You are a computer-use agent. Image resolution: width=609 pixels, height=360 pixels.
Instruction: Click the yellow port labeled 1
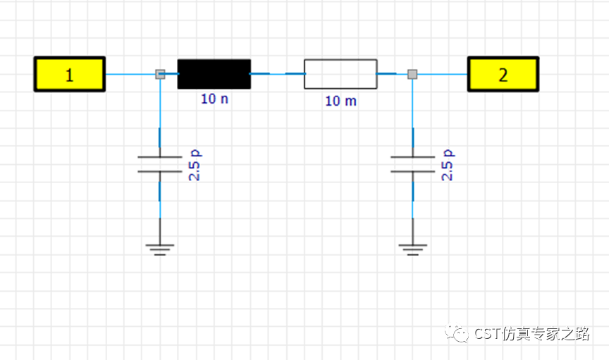(70, 74)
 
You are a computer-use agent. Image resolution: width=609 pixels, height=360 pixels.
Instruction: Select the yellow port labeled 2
(503, 74)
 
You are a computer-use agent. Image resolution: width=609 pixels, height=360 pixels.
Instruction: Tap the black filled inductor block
(214, 74)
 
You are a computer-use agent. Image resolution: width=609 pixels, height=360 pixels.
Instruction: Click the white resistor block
(340, 74)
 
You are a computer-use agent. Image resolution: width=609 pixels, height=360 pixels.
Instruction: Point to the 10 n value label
(214, 99)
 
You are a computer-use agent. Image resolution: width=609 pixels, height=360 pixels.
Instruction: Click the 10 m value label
(340, 101)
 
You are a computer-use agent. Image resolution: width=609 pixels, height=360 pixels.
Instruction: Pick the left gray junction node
(160, 74)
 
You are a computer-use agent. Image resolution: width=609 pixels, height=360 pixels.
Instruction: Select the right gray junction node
(412, 74)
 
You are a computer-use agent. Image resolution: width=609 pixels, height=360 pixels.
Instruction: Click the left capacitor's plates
(160, 164)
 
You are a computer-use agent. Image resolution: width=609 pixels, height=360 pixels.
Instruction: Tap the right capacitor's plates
(412, 164)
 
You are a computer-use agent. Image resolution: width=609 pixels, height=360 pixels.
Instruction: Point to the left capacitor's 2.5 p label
(195, 165)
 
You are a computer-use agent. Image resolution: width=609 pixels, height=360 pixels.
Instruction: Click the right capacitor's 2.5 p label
(448, 165)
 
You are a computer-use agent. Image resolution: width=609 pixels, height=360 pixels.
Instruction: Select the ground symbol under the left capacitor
(160, 249)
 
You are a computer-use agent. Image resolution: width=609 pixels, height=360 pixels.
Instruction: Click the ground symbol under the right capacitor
(412, 249)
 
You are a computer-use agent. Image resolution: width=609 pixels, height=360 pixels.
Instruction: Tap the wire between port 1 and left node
(130, 74)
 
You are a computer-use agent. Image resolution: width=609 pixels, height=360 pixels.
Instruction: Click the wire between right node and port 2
(443, 74)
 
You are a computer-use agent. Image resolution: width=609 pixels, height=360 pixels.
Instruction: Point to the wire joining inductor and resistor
(277, 73)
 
